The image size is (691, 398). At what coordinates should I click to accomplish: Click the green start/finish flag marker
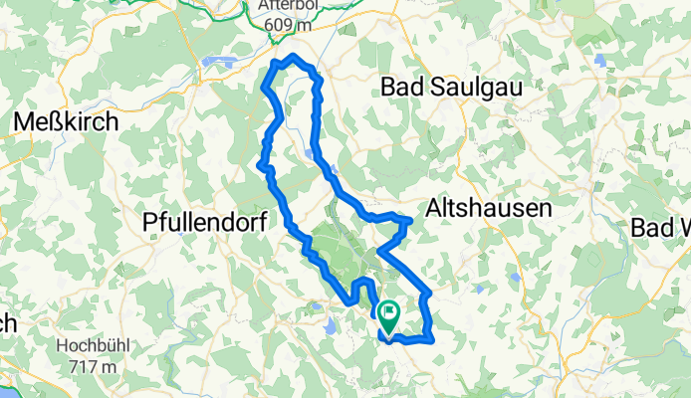click(387, 316)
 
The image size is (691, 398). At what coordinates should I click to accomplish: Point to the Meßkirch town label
click(66, 121)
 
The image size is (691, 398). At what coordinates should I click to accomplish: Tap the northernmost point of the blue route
click(294, 56)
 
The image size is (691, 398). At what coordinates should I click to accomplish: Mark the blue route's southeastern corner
click(433, 339)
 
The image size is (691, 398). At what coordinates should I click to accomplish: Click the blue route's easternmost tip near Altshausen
click(410, 220)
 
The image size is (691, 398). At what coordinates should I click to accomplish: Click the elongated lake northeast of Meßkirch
click(220, 62)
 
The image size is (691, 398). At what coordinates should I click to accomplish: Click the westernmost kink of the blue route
click(261, 164)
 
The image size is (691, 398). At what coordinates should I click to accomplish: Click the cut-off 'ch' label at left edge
click(8, 323)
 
